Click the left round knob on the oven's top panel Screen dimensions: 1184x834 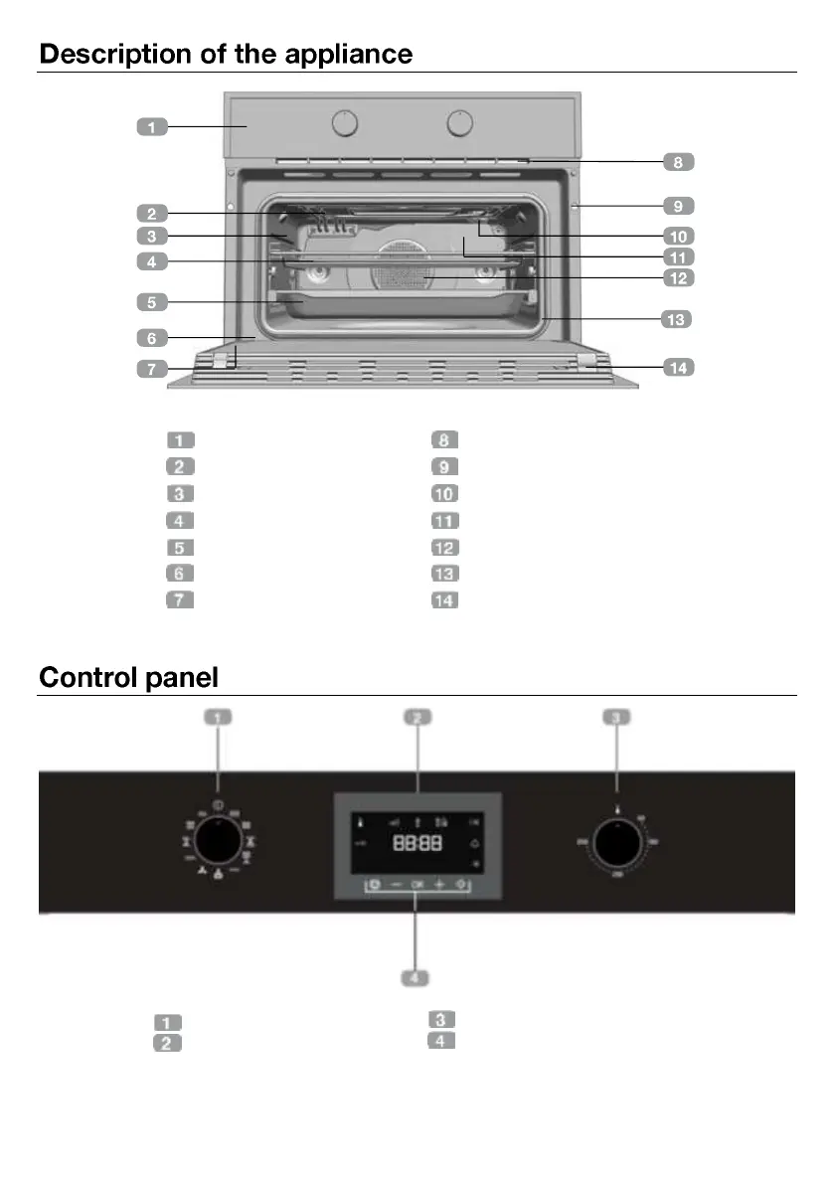click(344, 123)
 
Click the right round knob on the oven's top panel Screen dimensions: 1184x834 click(459, 123)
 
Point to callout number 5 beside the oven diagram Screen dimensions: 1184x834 click(151, 300)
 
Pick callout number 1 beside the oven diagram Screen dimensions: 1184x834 click(151, 127)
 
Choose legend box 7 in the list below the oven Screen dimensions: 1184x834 click(179, 599)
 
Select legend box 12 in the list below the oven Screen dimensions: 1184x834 click(444, 547)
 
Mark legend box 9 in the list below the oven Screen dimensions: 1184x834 click(444, 466)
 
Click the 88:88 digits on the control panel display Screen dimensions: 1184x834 click(417, 843)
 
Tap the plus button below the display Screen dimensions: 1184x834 click(438, 884)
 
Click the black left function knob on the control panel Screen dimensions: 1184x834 click(218, 843)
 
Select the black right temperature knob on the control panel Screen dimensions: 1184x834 click(617, 843)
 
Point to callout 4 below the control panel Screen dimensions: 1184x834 click(416, 978)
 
